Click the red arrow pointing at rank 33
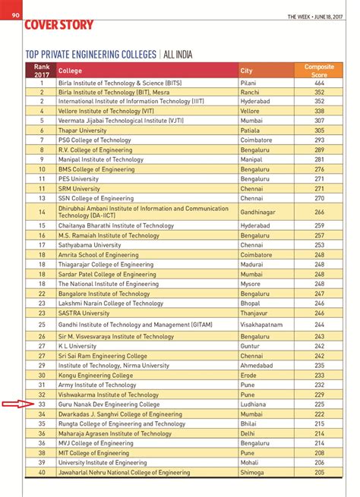coord(12,404)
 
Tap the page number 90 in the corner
coord(15,6)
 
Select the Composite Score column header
coord(319,71)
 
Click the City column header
coord(246,71)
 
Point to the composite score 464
coord(319,80)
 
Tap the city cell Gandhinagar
coord(258,212)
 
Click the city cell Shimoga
coord(252,472)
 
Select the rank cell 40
coord(42,472)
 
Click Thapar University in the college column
coord(84,130)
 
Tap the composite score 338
coord(319,110)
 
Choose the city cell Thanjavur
coord(254,313)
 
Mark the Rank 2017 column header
coord(42,71)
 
